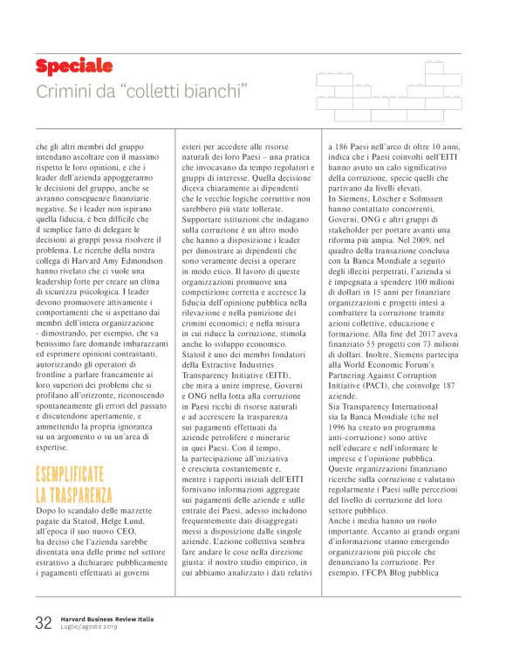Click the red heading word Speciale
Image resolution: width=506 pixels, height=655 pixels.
pos(73,66)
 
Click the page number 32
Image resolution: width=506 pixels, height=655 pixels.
pos(44,623)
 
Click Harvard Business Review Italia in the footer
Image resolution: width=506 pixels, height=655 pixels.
pos(107,618)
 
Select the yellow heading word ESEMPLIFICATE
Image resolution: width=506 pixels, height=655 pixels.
pos(70,475)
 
